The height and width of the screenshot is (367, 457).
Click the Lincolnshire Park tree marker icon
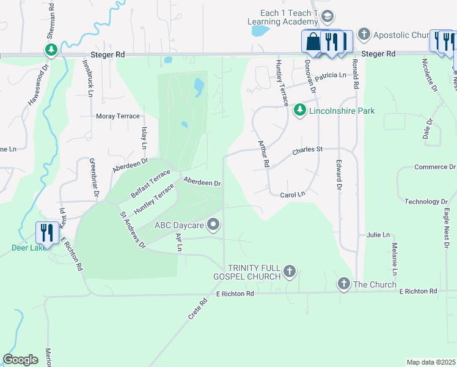(299, 110)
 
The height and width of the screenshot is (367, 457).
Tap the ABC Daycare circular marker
(214, 225)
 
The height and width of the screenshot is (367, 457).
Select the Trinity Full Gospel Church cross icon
(290, 270)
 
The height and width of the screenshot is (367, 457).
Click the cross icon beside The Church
(343, 284)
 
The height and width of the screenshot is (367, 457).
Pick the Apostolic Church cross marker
(364, 35)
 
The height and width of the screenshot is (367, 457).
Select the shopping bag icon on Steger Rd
(312, 42)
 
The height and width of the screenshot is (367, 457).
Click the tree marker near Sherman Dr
(51, 50)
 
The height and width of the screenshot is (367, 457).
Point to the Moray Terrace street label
(118, 116)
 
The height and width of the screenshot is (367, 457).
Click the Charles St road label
(307, 149)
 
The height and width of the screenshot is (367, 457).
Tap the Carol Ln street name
(292, 195)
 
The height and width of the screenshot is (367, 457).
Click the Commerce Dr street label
(435, 167)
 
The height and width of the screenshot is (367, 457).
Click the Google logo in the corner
(21, 360)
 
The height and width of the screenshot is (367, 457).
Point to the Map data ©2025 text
(430, 362)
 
